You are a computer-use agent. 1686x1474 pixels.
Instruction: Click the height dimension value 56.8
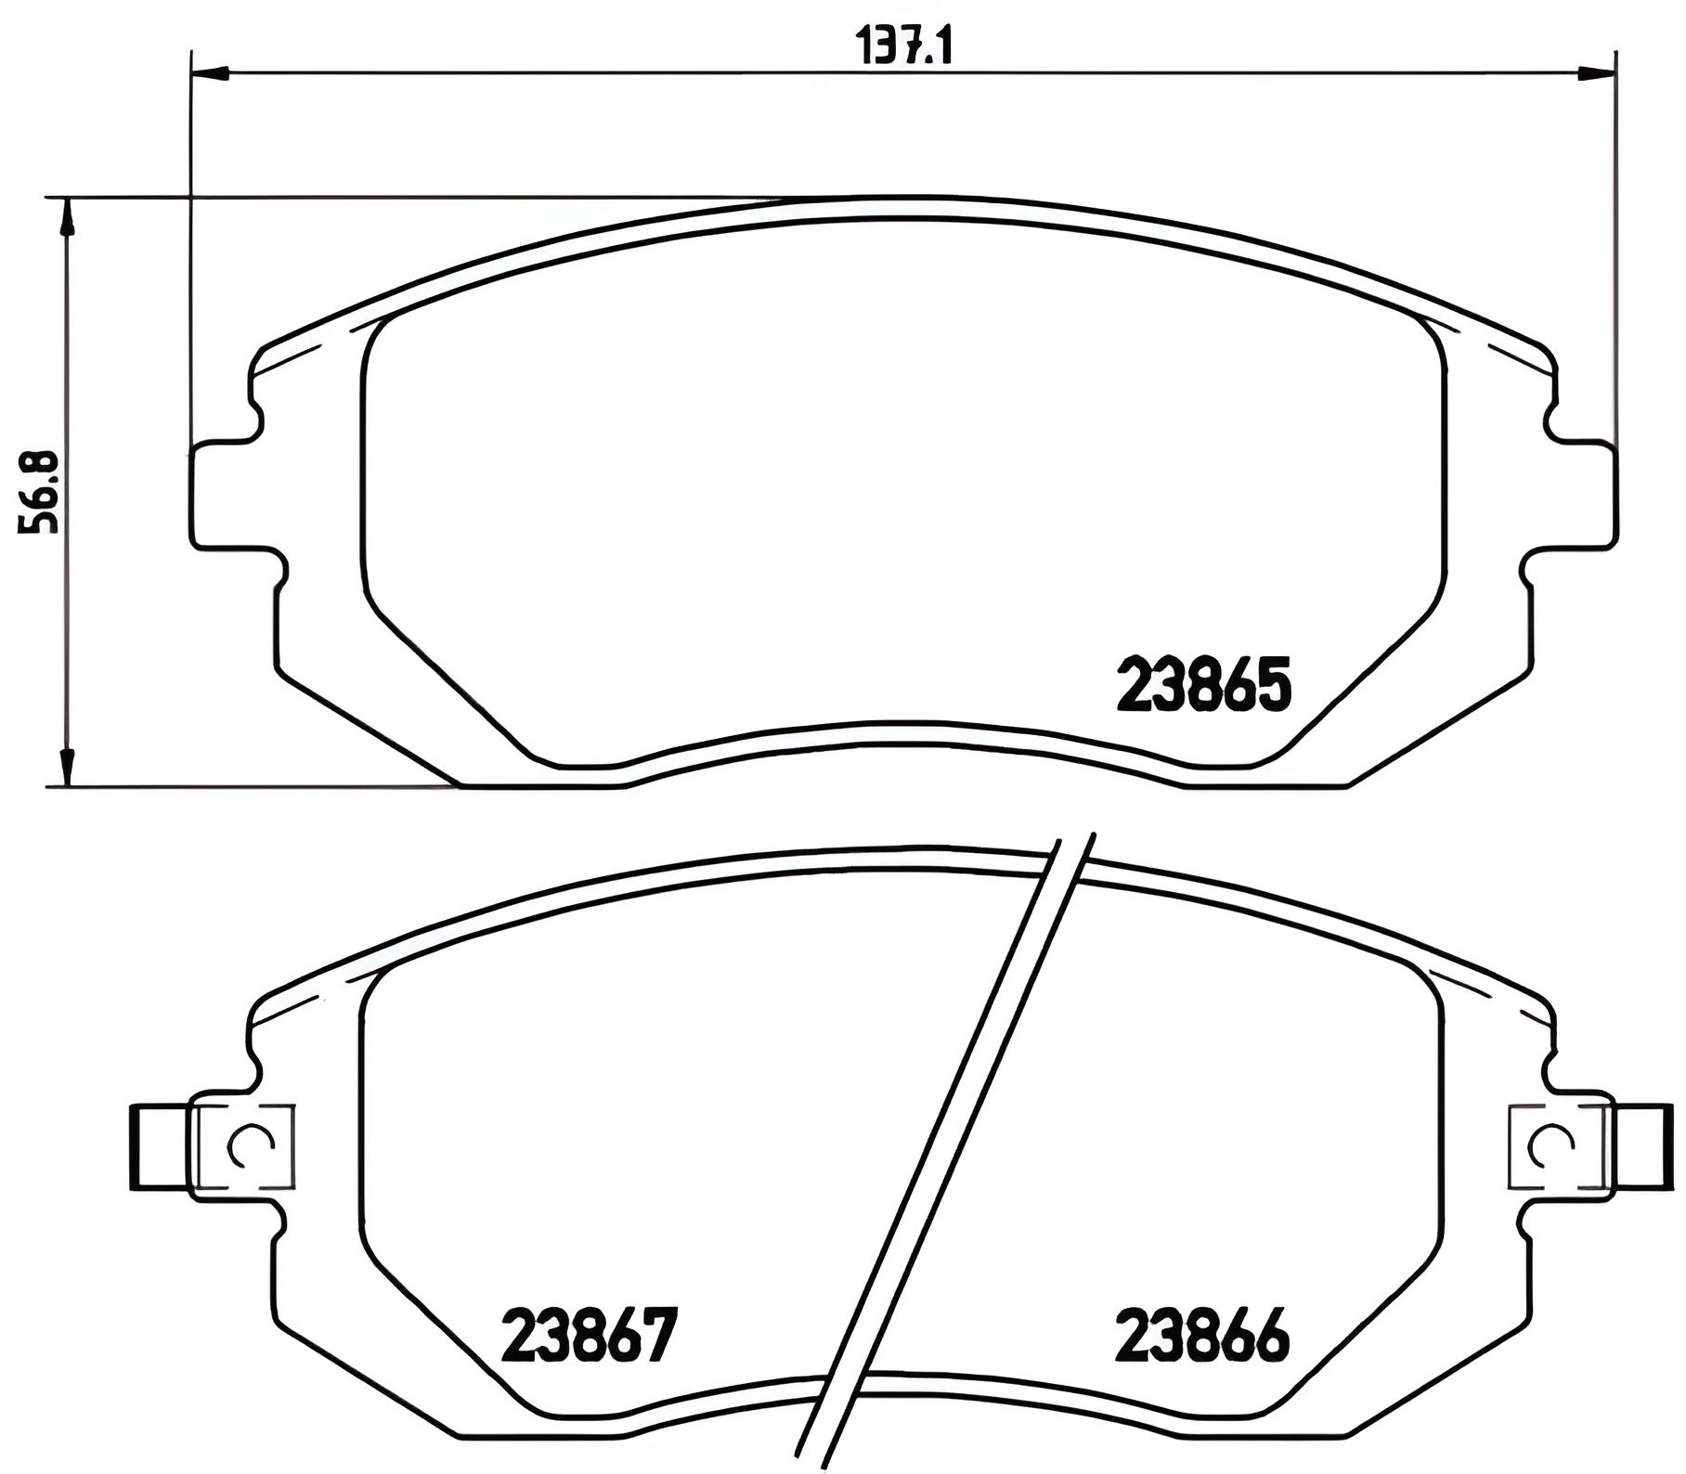coord(39,492)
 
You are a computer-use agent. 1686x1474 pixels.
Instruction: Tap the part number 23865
coord(1204,684)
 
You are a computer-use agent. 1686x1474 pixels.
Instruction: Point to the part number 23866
coord(1203,1336)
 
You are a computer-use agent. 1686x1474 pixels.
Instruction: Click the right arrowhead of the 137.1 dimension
coord(1598,72)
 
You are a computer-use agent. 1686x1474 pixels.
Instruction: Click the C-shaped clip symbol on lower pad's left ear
coord(249,1147)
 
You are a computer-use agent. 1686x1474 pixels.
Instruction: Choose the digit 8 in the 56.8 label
coord(39,464)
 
